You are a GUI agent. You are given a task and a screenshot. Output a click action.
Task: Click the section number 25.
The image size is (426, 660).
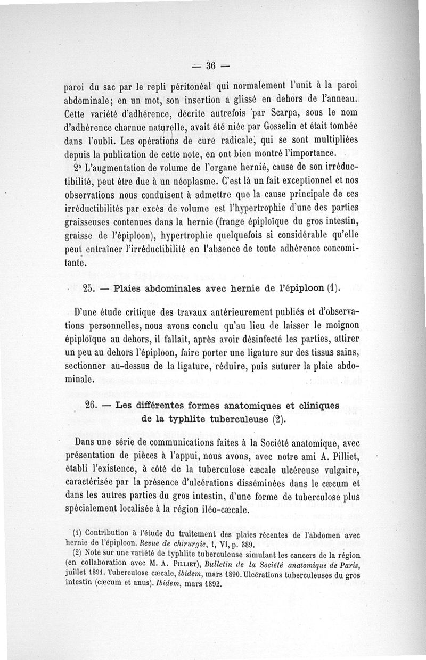click(89, 289)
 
